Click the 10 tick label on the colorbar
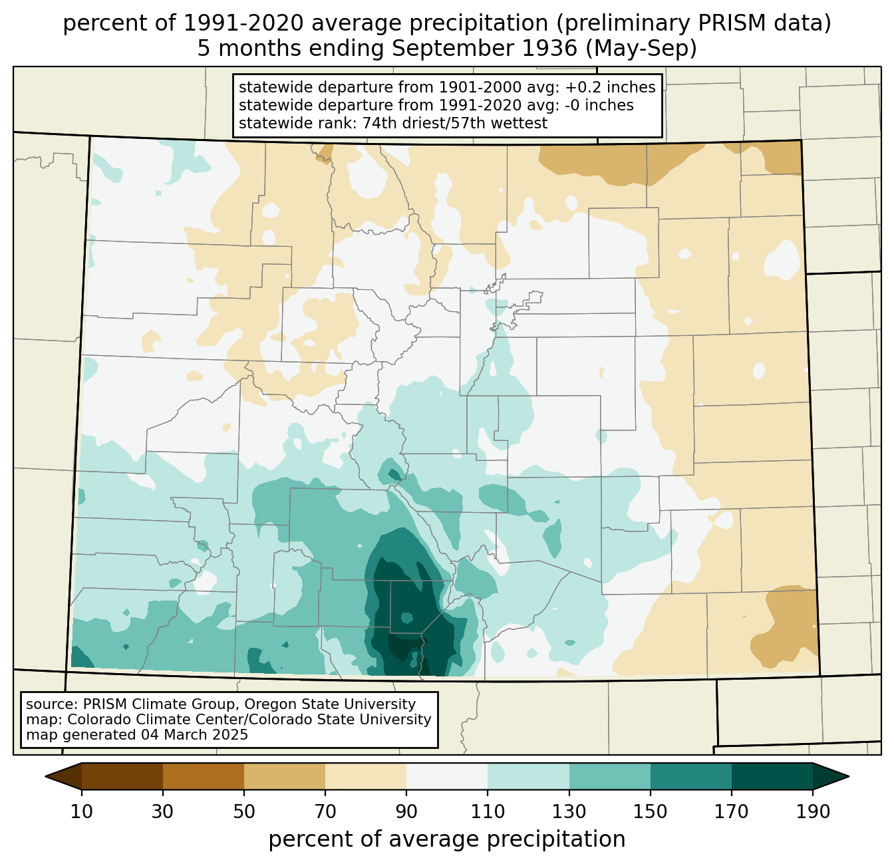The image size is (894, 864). (81, 811)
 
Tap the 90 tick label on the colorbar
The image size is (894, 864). (406, 811)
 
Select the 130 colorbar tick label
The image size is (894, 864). (569, 811)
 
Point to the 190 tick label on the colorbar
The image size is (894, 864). (813, 811)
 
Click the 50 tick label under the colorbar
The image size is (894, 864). (244, 811)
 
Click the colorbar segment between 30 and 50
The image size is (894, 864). (203, 776)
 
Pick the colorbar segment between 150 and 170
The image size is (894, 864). (690, 776)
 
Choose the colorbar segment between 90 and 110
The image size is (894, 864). (446, 776)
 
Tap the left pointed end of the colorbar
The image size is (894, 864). (45, 776)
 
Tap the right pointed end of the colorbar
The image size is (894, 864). (849, 776)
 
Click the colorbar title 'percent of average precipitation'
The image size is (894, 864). (446, 839)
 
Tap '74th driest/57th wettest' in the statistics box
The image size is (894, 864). (454, 123)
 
